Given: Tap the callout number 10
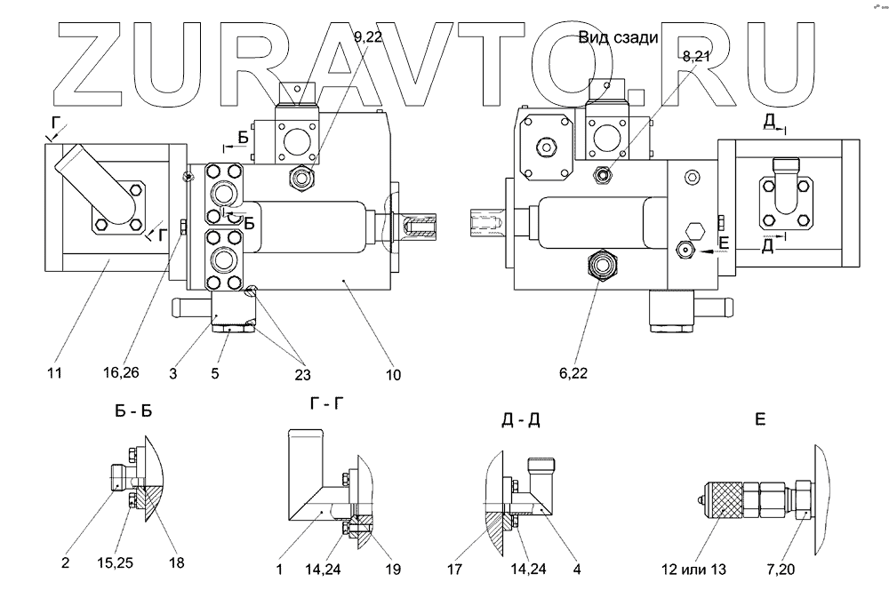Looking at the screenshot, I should (391, 374).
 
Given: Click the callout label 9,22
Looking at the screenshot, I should (368, 37).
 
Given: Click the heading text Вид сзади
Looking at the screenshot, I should (618, 37).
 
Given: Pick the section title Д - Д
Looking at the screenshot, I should (521, 419).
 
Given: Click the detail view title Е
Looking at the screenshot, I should (760, 419).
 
